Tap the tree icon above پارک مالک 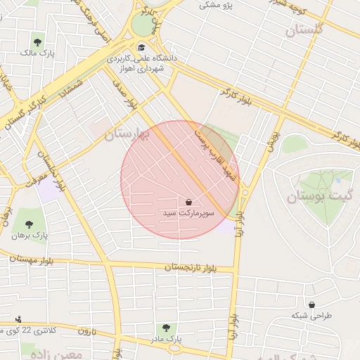[37, 42]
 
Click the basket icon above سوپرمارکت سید [188, 202]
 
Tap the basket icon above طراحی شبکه [311, 304]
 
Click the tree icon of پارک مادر [166, 328]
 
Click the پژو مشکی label [216, 5]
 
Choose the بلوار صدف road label [127, 94]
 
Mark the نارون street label [86, 330]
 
